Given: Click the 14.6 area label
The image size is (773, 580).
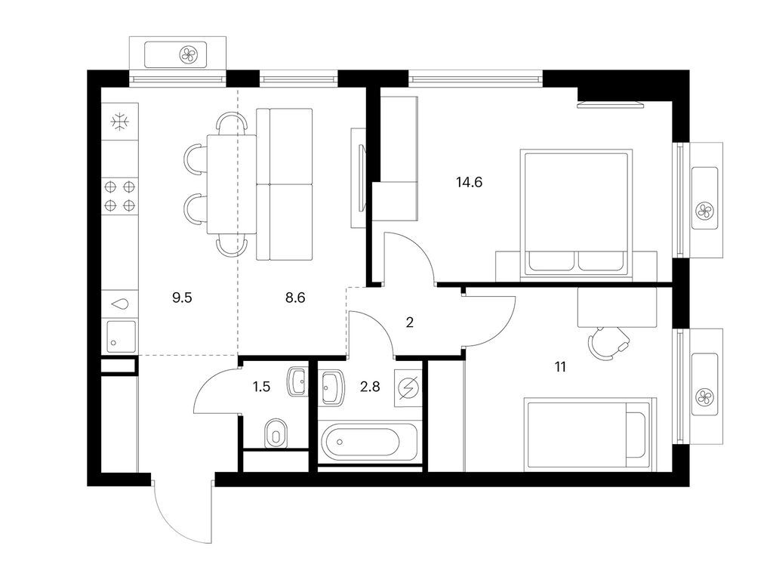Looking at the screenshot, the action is [x=469, y=183].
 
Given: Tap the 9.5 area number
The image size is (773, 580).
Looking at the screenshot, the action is [x=182, y=298].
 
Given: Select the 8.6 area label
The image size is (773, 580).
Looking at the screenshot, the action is [x=295, y=298].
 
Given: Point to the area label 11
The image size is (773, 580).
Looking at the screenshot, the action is [x=560, y=367].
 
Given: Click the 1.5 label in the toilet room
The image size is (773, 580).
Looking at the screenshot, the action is [x=261, y=387].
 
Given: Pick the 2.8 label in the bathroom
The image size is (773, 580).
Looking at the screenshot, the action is [x=370, y=387].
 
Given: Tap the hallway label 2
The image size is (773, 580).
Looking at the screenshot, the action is [x=410, y=322].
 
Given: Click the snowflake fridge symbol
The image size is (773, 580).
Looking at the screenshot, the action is [x=120, y=122].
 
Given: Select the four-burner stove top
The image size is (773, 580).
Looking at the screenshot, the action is [x=120, y=196].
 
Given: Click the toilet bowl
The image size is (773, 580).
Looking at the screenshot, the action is [x=276, y=434].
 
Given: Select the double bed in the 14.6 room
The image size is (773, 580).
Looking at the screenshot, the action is [x=576, y=212].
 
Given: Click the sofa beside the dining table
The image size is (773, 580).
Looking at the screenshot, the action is [x=285, y=184].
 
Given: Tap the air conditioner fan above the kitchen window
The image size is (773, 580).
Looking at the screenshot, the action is [x=188, y=54].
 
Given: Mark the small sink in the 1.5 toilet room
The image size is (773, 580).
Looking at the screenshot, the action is [x=297, y=381].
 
